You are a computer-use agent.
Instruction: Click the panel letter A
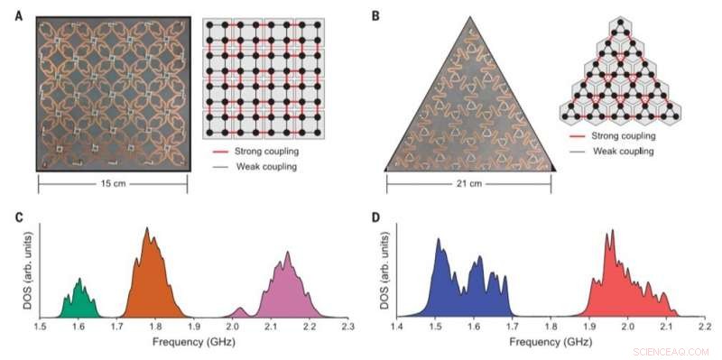(20, 15)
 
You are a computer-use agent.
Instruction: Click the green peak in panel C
(80, 300)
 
